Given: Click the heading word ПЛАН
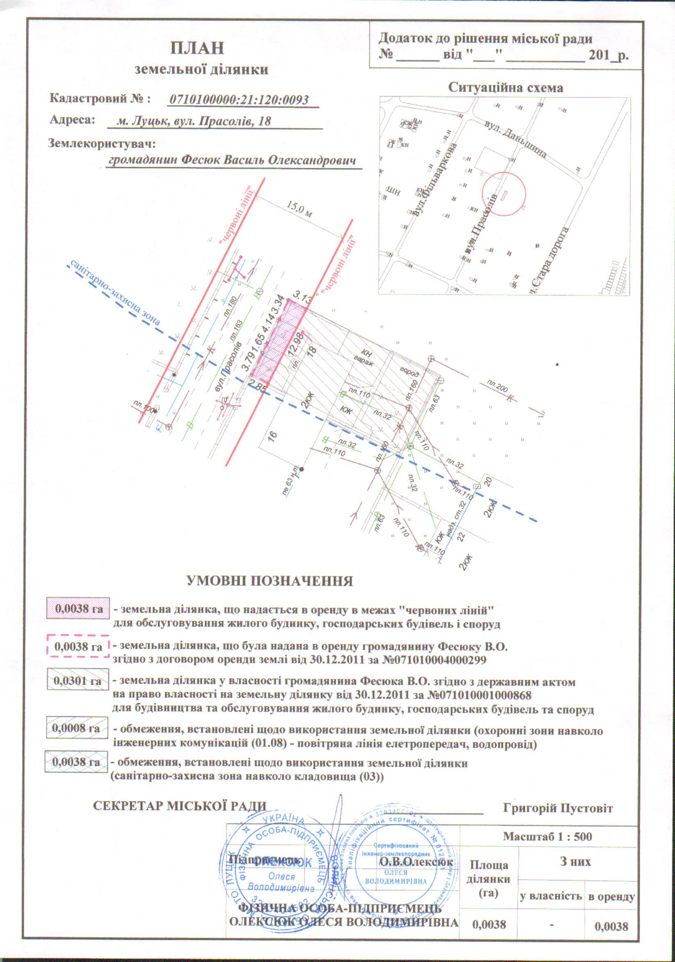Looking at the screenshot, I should pos(197,49).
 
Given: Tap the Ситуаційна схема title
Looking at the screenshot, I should pos(506,88).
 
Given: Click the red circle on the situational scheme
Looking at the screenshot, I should pos(503,194).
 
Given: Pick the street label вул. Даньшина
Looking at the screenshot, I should pos(515,140).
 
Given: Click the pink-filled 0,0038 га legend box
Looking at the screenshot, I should pos(78,608).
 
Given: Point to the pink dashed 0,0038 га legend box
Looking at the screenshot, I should pos(78,647).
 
